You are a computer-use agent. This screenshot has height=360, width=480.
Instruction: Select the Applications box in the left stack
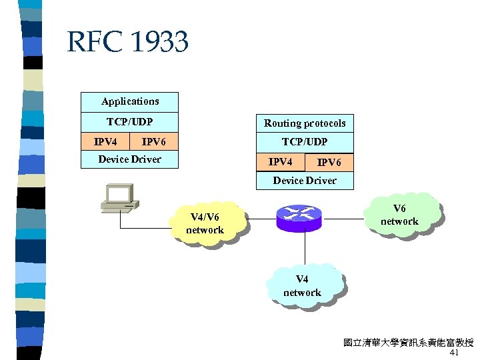(x=130, y=102)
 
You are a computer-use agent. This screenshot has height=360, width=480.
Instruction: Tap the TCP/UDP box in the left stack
(x=130, y=122)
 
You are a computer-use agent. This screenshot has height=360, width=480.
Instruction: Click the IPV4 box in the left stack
(x=105, y=141)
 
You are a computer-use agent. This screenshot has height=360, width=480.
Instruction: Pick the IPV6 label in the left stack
(x=154, y=141)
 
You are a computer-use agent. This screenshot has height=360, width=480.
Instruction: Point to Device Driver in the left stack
(x=130, y=159)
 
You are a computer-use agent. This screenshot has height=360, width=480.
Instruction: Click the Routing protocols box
(x=305, y=123)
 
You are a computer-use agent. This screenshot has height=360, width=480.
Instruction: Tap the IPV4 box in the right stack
(x=280, y=162)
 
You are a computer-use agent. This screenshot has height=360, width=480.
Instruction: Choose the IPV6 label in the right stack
(x=329, y=162)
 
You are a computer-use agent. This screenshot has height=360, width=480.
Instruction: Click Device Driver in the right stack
(x=305, y=181)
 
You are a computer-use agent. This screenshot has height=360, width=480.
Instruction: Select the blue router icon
(x=299, y=217)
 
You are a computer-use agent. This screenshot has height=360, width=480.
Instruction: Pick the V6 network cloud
(x=399, y=215)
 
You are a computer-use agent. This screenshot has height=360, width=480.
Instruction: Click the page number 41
(x=455, y=353)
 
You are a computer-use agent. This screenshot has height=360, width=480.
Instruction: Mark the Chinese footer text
(x=408, y=343)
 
